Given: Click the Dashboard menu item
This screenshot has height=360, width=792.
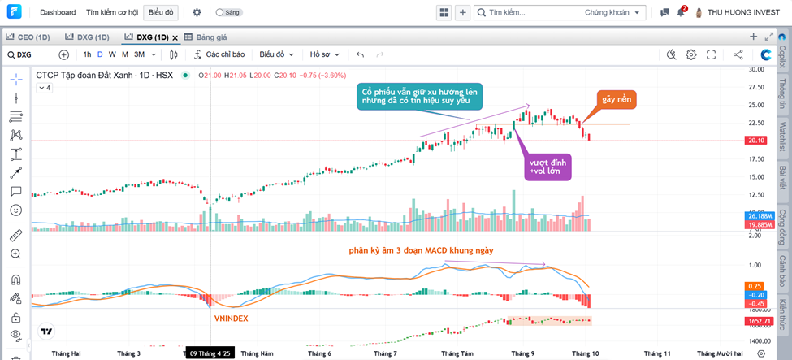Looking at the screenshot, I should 58,13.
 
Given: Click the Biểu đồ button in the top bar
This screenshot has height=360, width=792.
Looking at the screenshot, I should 161,13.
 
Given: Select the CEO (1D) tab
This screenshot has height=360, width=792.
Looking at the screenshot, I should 33,37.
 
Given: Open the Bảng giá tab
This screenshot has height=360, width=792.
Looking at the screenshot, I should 210,37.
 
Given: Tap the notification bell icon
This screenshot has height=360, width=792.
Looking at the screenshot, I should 681,13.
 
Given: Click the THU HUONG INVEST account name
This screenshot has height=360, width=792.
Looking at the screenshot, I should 742,13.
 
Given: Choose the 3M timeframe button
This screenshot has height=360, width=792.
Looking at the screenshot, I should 140,54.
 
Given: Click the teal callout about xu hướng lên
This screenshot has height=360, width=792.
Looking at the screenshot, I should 421,96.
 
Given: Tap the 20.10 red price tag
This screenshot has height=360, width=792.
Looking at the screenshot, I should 757,141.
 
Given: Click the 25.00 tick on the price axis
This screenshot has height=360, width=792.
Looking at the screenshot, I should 756,105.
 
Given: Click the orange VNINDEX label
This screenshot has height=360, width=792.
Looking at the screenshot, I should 232,319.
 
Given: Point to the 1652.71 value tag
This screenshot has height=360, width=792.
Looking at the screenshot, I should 758,322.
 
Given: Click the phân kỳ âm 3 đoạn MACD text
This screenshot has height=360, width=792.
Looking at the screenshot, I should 415,250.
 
